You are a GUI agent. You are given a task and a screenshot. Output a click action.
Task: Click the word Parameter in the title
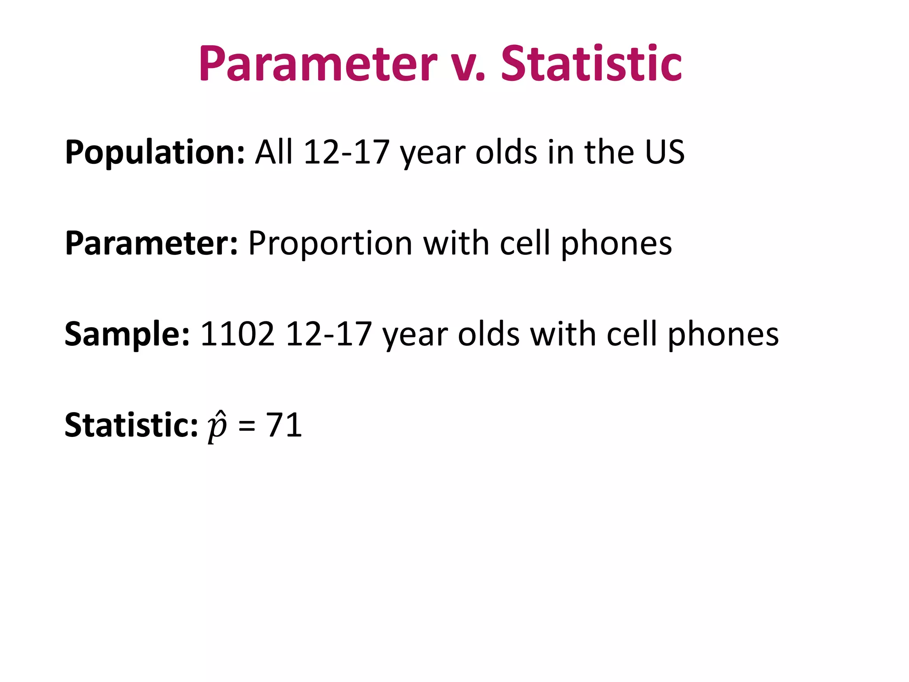[x=318, y=64]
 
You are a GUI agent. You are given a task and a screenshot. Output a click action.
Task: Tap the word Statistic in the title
[x=591, y=64]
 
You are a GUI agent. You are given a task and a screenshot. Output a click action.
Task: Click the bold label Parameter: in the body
[x=151, y=244]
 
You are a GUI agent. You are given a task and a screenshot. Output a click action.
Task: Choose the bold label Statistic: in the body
[x=131, y=425]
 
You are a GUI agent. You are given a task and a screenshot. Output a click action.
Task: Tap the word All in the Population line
[x=274, y=152]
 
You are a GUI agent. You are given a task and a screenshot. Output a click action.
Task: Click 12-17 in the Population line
[x=347, y=152]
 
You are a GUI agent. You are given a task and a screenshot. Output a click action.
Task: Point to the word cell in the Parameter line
[x=525, y=243]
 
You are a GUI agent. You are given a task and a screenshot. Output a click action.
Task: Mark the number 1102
[x=237, y=334]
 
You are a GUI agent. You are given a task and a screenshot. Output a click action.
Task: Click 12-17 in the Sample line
[x=329, y=334]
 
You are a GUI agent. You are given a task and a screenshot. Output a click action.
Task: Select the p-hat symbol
[x=217, y=427]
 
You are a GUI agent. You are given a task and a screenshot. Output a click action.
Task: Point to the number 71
[x=284, y=425]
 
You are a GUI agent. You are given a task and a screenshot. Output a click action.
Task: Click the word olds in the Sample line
[x=489, y=334]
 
